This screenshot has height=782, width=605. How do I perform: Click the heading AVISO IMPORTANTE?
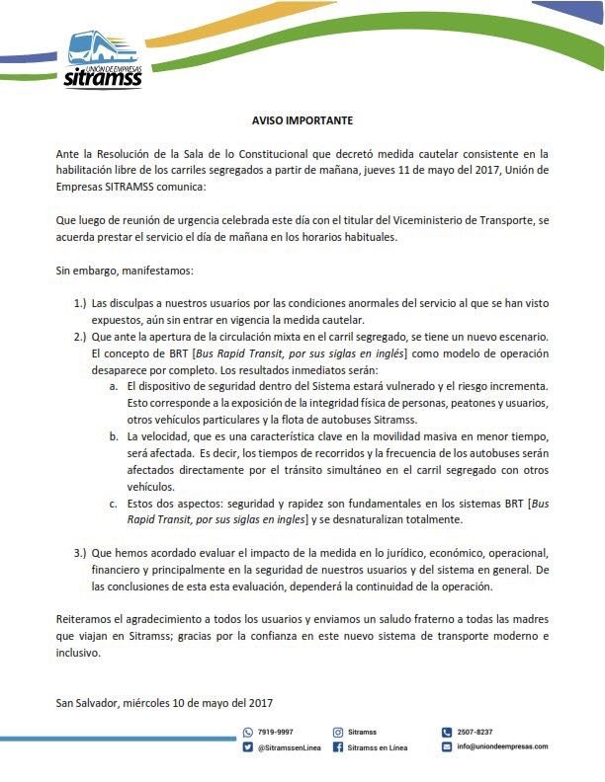[302, 120]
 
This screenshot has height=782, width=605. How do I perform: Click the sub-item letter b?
[114, 435]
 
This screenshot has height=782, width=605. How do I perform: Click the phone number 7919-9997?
[276, 733]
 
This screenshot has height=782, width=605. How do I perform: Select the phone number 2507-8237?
[475, 733]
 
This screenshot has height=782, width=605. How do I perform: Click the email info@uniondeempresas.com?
[502, 746]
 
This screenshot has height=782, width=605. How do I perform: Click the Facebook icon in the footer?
[338, 747]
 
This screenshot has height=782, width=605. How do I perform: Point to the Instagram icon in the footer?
[338, 733]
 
